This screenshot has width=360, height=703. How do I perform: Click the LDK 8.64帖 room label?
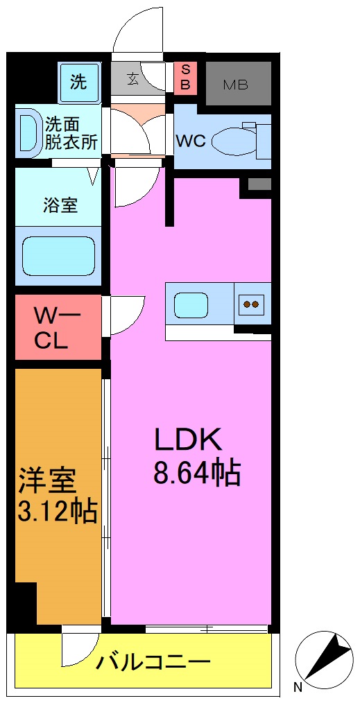coord(196,456)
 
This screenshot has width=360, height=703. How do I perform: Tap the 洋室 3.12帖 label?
coord(57,495)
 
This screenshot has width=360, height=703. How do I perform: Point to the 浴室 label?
coord(60,205)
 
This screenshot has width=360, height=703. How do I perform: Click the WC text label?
coord(190,141)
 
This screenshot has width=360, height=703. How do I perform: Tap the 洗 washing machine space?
coord(78,82)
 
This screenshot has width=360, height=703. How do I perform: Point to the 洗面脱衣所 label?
coord(71,133)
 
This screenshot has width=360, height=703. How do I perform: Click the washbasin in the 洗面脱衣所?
coord(30,132)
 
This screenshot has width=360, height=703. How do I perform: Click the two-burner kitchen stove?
coord(250,304)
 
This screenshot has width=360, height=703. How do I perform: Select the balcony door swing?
coord(76,648)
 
